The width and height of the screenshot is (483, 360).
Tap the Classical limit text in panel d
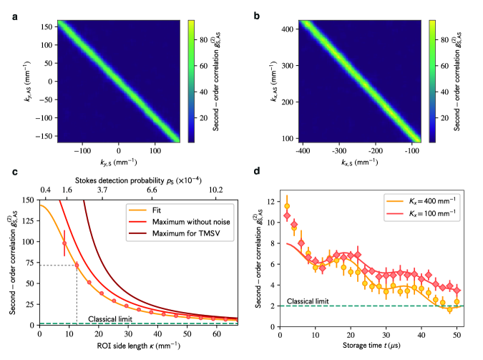[308, 301]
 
